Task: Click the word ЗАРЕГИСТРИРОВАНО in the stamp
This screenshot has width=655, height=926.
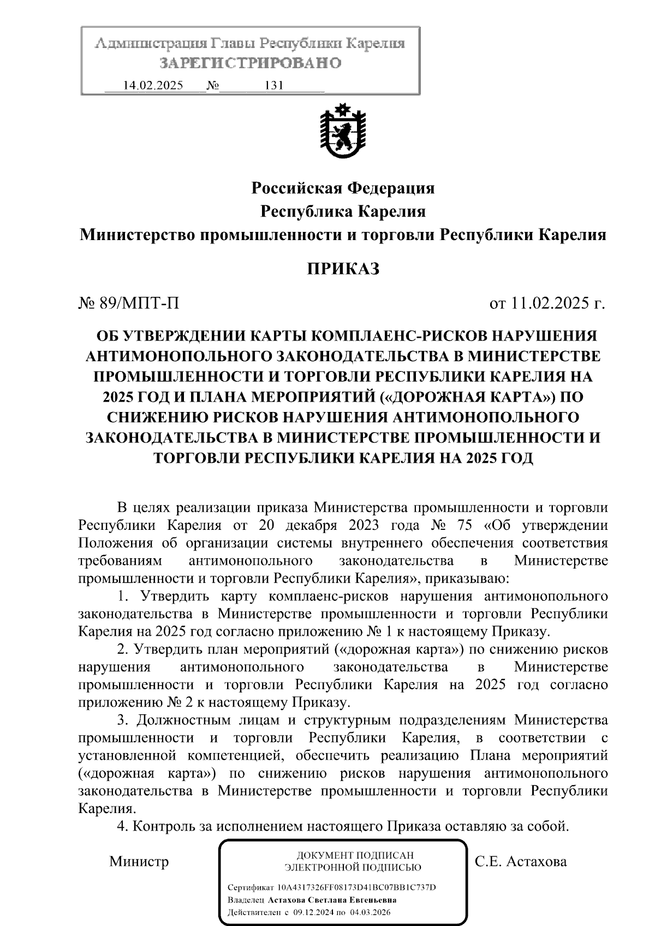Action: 251,63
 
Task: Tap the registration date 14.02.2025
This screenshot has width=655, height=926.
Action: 153,86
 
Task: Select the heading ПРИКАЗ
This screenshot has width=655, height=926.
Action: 343,269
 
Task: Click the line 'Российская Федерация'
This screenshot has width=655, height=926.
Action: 343,188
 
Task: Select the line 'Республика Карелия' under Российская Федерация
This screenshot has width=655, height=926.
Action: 343,211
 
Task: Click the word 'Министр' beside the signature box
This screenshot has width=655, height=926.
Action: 139,862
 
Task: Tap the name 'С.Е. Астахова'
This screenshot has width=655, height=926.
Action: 521,862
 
